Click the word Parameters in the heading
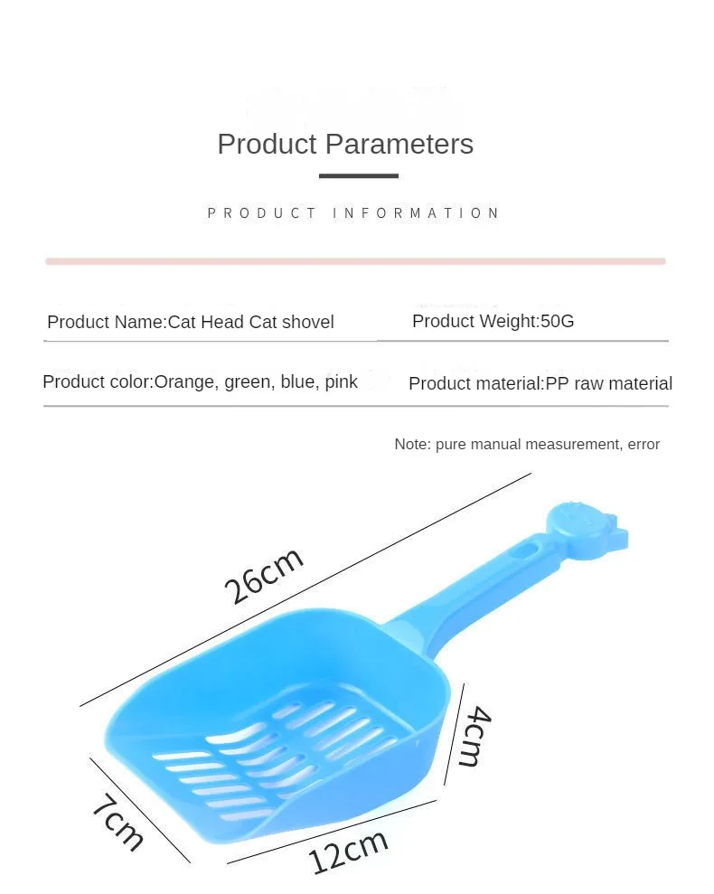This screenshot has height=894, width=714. (399, 144)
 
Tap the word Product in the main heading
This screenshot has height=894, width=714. (267, 144)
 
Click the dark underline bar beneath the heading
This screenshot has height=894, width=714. (358, 175)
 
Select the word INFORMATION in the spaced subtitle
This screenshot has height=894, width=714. (416, 213)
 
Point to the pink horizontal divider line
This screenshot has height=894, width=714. (356, 261)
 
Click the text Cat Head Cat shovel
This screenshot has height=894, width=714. (251, 322)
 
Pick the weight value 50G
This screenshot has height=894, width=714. (557, 321)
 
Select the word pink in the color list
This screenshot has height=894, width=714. (341, 382)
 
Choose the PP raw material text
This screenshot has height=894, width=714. (609, 383)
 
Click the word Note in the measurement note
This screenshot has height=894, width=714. (412, 444)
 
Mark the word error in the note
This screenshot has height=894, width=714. (644, 445)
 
